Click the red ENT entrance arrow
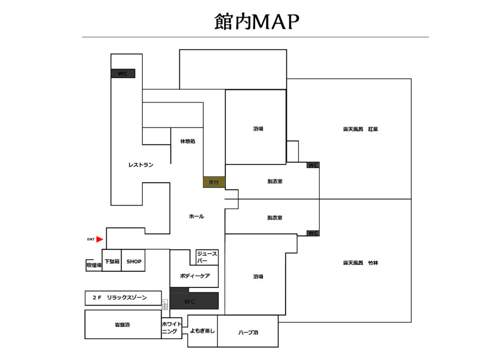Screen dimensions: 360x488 coord(100,239)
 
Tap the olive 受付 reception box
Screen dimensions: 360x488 coord(214,182)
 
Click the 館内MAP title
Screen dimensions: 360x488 coord(257,21)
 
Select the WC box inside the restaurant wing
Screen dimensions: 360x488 coord(123,73)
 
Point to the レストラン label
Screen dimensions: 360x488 coord(141,165)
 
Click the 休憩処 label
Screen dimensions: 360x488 coord(188,142)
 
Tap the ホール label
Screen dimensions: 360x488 coord(196,216)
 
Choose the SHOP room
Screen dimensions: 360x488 coord(133,261)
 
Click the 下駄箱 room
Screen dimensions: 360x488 coord(112,261)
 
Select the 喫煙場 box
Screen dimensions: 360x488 coord(94,265)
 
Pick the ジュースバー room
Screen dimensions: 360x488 coord(207,257)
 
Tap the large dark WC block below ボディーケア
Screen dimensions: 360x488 coord(194,301)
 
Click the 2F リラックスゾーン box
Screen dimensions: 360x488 coord(123,298)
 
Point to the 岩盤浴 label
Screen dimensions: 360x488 coord(122,325)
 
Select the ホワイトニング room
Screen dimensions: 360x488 coord(172,328)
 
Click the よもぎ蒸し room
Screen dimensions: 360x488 coord(203,331)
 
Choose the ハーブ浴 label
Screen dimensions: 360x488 coord(248,332)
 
